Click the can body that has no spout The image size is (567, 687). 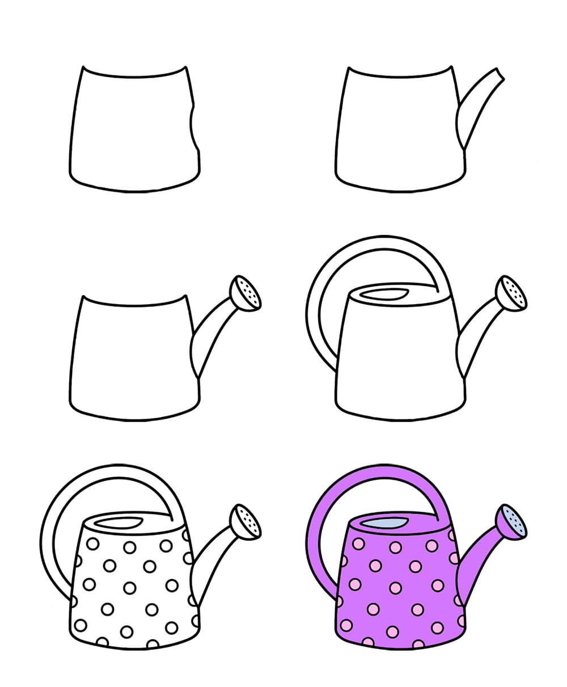pos(133,130)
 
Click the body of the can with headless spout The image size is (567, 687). pos(397,130)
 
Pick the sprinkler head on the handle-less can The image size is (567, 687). pos(247,294)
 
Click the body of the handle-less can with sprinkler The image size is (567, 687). pos(133,357)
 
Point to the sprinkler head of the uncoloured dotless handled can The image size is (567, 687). pos(511,293)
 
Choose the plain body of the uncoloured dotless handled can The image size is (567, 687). pos(397,363)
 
